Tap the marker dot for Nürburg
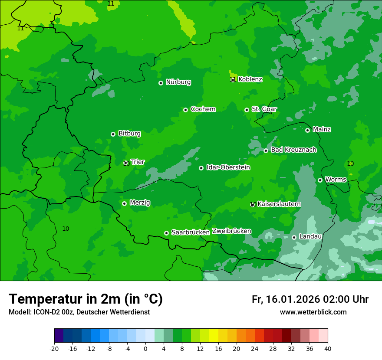pyautogui.click(x=161, y=83)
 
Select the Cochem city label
pyautogui.click(x=203, y=109)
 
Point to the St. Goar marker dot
pyautogui.click(x=247, y=110)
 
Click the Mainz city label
pyautogui.click(x=322, y=130)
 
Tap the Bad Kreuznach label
pyautogui.click(x=293, y=150)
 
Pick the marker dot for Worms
pyautogui.click(x=320, y=180)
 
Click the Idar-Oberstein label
pyautogui.click(x=228, y=167)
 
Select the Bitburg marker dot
pyautogui.click(x=113, y=134)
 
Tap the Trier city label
pyautogui.click(x=138, y=162)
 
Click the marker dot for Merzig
pyautogui.click(x=124, y=203)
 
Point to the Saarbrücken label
pyautogui.click(x=190, y=232)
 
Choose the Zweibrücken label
pyautogui.click(x=231, y=231)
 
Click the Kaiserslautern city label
pyautogui.click(x=279, y=204)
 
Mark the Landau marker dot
pyautogui.click(x=294, y=237)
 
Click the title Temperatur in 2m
pyautogui.click(x=86, y=299)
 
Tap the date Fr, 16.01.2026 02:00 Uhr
pyautogui.click(x=310, y=299)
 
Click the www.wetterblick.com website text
pyautogui.click(x=313, y=312)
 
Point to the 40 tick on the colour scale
pyautogui.click(x=328, y=349)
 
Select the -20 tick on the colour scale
pyautogui.click(x=54, y=349)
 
